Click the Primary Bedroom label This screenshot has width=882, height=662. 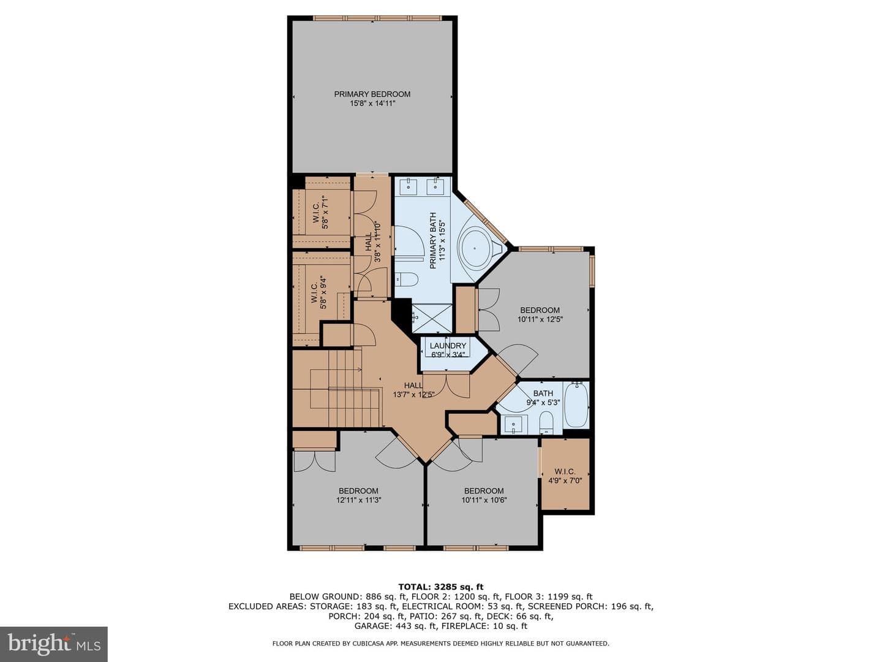tap(372, 94)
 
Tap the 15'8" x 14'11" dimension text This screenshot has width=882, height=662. tap(372, 104)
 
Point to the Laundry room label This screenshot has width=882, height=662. tap(448, 346)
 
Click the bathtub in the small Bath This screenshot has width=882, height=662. tap(576, 405)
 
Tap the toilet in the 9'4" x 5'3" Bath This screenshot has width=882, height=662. tap(546, 422)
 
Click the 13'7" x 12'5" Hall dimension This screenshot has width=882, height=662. tap(414, 394)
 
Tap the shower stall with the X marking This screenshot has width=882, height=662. tap(432, 319)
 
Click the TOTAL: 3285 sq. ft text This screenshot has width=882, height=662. tap(441, 587)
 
